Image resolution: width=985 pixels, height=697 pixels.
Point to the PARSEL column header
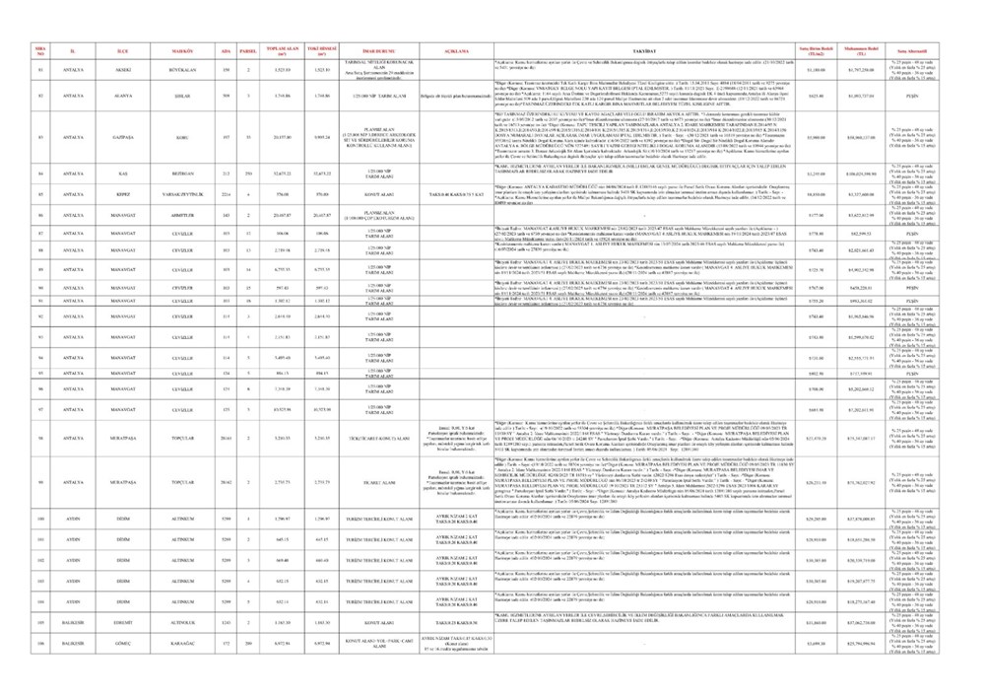point(249,47)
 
